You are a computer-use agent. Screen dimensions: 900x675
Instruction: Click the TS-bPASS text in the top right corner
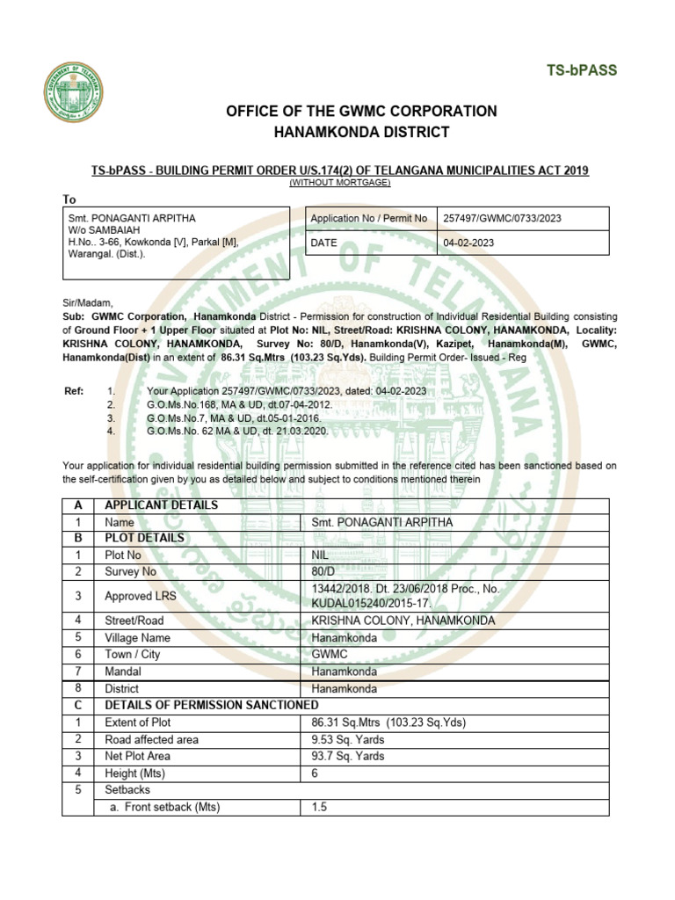[582, 70]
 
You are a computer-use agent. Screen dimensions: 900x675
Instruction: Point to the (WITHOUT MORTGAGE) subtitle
[340, 182]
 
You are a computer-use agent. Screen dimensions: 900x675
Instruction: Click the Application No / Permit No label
[369, 218]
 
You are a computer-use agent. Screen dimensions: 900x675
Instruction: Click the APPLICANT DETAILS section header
[162, 505]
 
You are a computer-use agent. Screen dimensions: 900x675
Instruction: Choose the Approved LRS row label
[141, 596]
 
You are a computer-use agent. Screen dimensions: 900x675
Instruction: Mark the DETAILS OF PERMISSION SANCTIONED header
[211, 705]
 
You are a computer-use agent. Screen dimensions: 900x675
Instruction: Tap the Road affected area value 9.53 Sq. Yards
[348, 739]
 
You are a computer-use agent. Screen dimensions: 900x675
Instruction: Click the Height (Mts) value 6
[316, 773]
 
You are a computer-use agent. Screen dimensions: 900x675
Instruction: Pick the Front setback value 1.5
[319, 807]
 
